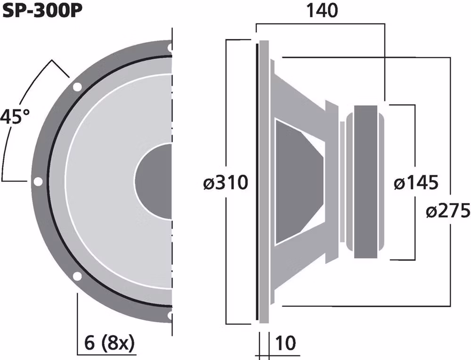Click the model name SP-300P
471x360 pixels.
[x=40, y=10]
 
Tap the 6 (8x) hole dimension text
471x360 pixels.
[x=106, y=344]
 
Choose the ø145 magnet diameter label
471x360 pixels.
[x=415, y=182]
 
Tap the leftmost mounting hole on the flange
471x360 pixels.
[x=38, y=181]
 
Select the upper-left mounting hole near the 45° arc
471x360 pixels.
[x=76, y=87]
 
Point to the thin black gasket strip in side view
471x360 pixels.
[x=257, y=181]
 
